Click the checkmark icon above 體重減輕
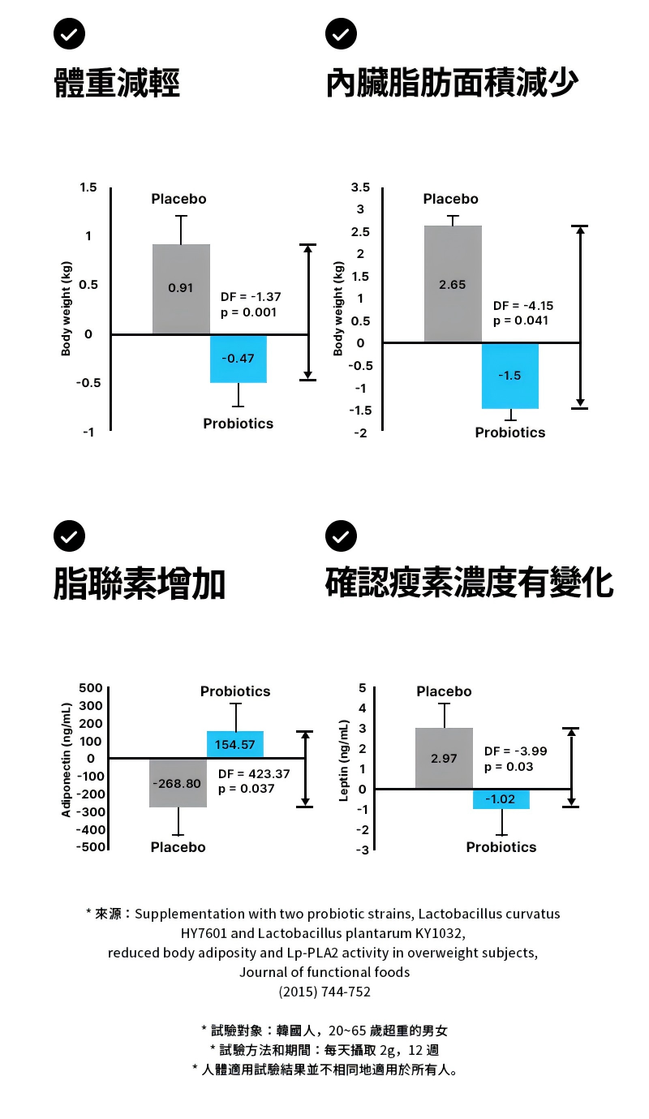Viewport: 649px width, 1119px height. coord(69,33)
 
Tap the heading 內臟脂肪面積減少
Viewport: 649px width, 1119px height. coord(452,84)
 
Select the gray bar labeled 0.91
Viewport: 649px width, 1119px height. coord(181,289)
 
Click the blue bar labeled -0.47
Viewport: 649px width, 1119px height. coord(239,358)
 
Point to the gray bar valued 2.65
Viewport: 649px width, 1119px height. coord(453,284)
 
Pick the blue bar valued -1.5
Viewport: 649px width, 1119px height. coord(510,375)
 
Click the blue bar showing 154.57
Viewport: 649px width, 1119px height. coord(235,744)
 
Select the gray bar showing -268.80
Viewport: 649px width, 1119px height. coord(178,783)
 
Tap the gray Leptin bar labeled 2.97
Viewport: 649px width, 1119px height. coord(444,758)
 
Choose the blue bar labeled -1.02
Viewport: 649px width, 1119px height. coord(501,799)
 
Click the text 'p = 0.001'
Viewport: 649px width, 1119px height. coord(248,312)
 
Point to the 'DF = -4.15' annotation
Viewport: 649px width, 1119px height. coord(523,306)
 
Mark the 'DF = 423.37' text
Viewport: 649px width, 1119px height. coord(254,773)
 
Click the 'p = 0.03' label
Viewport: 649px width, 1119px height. coord(509,767)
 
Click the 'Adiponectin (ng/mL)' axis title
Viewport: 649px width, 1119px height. coord(67,758)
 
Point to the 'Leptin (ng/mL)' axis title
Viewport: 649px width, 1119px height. coord(344,760)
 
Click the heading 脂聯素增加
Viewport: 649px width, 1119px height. coord(140,584)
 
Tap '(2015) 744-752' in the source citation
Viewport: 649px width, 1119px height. coord(324,992)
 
